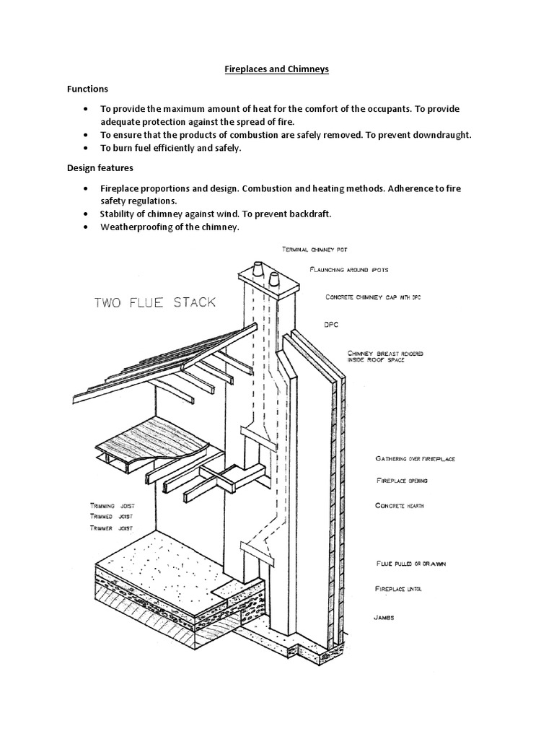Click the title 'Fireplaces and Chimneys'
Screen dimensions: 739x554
278,70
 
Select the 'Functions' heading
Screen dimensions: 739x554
87,89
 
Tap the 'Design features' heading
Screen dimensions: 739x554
100,168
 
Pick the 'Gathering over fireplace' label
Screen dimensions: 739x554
415,458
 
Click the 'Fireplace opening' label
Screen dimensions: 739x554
402,480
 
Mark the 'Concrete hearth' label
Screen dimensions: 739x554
400,506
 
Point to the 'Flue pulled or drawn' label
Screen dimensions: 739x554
410,563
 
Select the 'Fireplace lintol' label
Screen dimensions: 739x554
398,590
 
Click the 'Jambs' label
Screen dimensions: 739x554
384,618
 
